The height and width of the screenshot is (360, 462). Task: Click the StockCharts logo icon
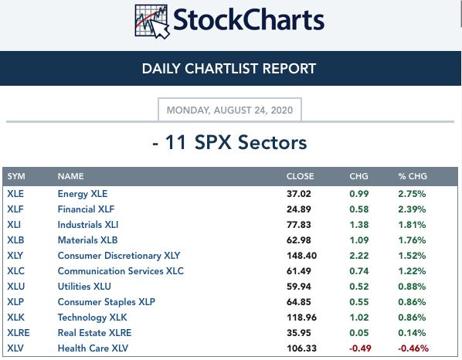click(x=152, y=22)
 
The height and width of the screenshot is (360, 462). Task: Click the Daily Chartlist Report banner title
click(x=229, y=69)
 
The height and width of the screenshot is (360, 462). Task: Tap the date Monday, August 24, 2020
click(x=229, y=110)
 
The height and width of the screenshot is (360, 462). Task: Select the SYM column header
click(x=16, y=176)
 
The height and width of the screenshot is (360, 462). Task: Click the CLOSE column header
click(x=300, y=176)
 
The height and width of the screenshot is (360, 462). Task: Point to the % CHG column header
click(x=413, y=176)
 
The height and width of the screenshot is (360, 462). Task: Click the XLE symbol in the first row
click(x=15, y=194)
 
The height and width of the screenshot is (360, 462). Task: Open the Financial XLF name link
click(x=86, y=209)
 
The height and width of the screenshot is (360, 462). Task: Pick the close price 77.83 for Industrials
click(x=299, y=225)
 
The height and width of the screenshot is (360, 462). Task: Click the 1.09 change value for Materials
click(x=359, y=240)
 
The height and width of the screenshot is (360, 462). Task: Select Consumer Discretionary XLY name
click(x=119, y=256)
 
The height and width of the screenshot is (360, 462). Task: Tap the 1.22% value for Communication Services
click(x=412, y=271)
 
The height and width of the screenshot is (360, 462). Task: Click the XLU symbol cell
click(x=16, y=287)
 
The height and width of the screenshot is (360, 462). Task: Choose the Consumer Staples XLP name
click(x=107, y=302)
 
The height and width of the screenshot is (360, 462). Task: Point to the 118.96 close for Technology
click(x=302, y=318)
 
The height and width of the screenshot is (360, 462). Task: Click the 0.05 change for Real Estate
click(x=359, y=333)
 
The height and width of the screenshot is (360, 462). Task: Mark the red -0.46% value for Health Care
click(x=413, y=348)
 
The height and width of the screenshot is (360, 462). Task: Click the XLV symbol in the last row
click(x=15, y=348)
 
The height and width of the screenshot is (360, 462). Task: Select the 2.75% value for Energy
click(x=412, y=194)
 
